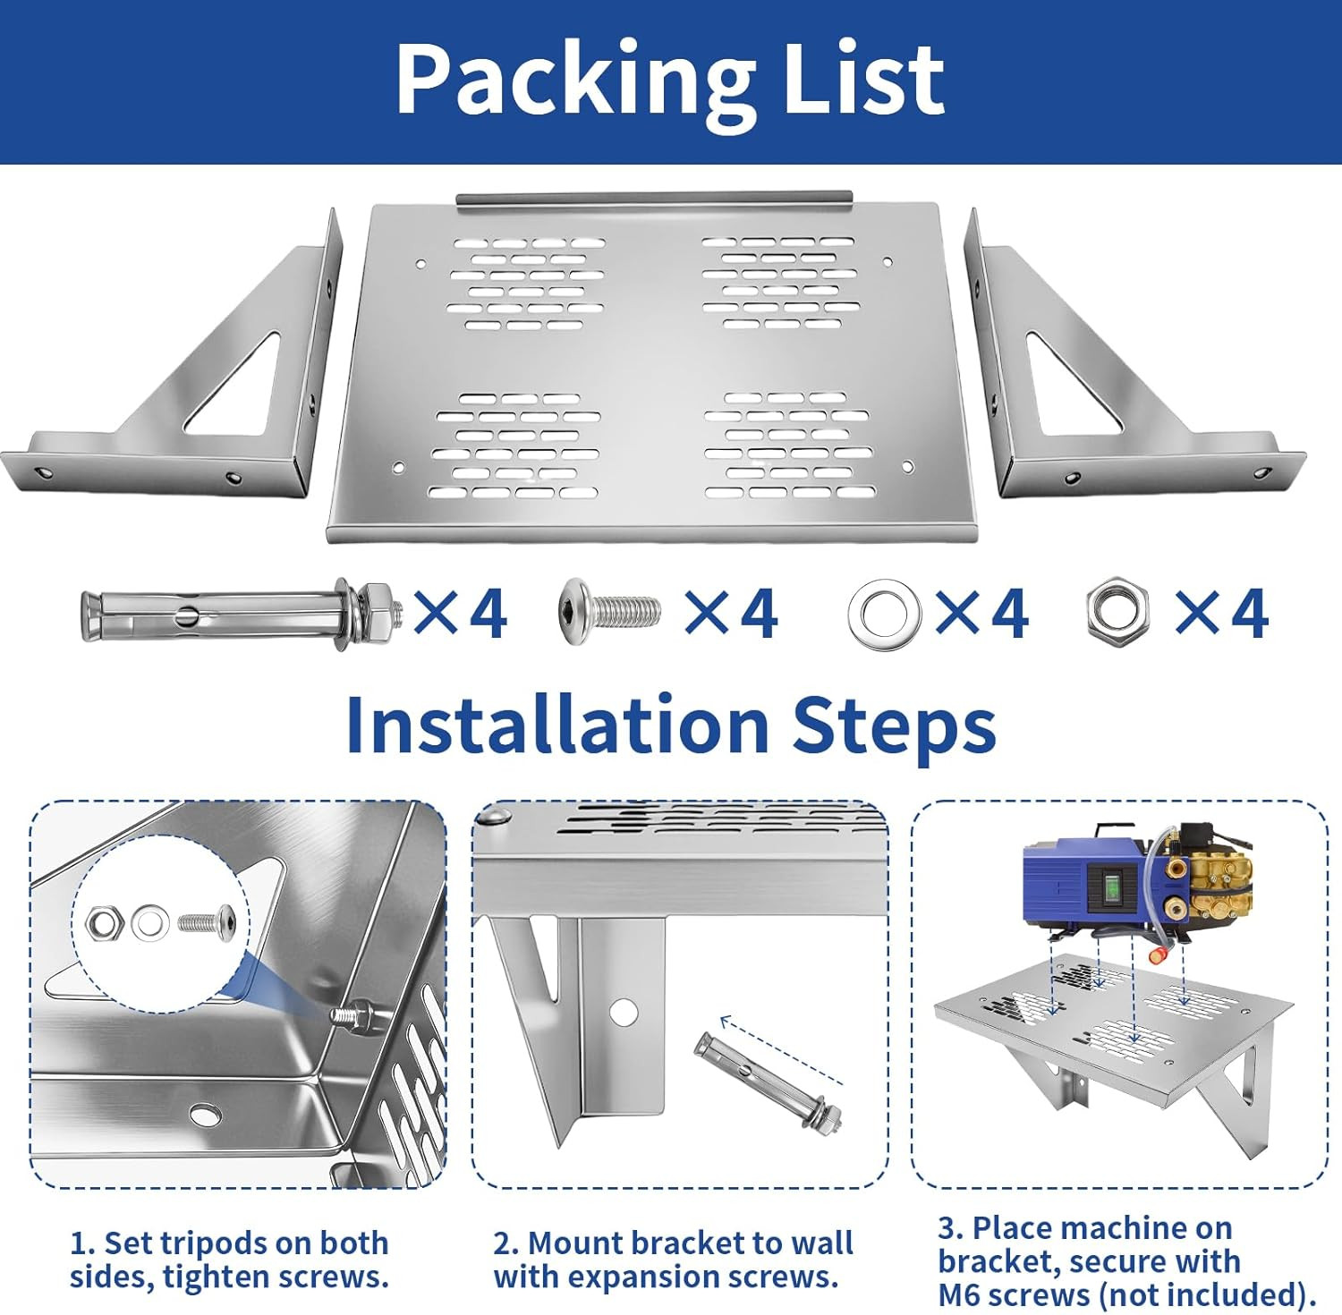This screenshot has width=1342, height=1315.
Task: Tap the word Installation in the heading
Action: [x=557, y=724]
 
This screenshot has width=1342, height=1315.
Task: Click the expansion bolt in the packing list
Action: [x=241, y=614]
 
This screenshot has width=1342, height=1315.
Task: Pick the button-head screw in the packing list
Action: [x=610, y=611]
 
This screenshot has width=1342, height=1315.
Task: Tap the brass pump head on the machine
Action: [x=1202, y=877]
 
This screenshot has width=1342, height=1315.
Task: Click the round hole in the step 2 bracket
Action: [x=624, y=1012]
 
